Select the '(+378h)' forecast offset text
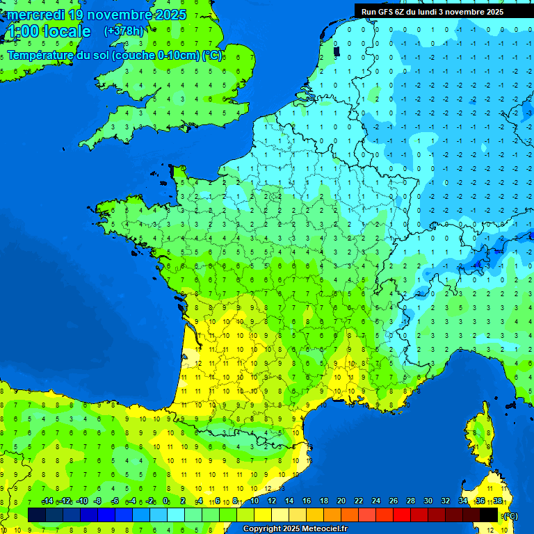coord(123,31)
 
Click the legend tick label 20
coord(341,501)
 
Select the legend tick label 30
coord(428,501)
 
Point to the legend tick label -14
coord(47,501)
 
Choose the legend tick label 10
coord(254,501)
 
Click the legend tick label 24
coord(375,501)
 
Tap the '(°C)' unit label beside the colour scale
coord(510,516)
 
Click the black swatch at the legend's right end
coord(489,515)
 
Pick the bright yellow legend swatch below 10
coord(263,515)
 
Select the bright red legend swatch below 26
coord(402,515)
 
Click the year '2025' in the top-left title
coord(171,15)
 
